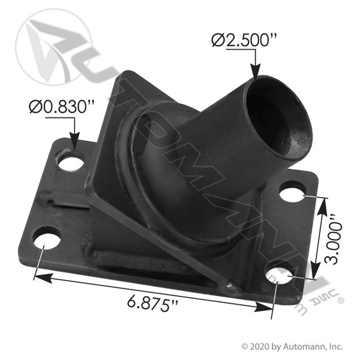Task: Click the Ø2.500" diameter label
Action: pos(244,40)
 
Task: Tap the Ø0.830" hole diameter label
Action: pos(62,107)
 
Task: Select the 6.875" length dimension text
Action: pos(153,304)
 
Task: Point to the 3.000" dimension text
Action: pos(334,239)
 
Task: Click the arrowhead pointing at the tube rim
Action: pos(256,72)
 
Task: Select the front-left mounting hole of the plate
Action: pos(47,238)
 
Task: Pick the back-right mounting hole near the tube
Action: pos(293,191)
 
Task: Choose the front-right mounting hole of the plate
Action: pos(279,273)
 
